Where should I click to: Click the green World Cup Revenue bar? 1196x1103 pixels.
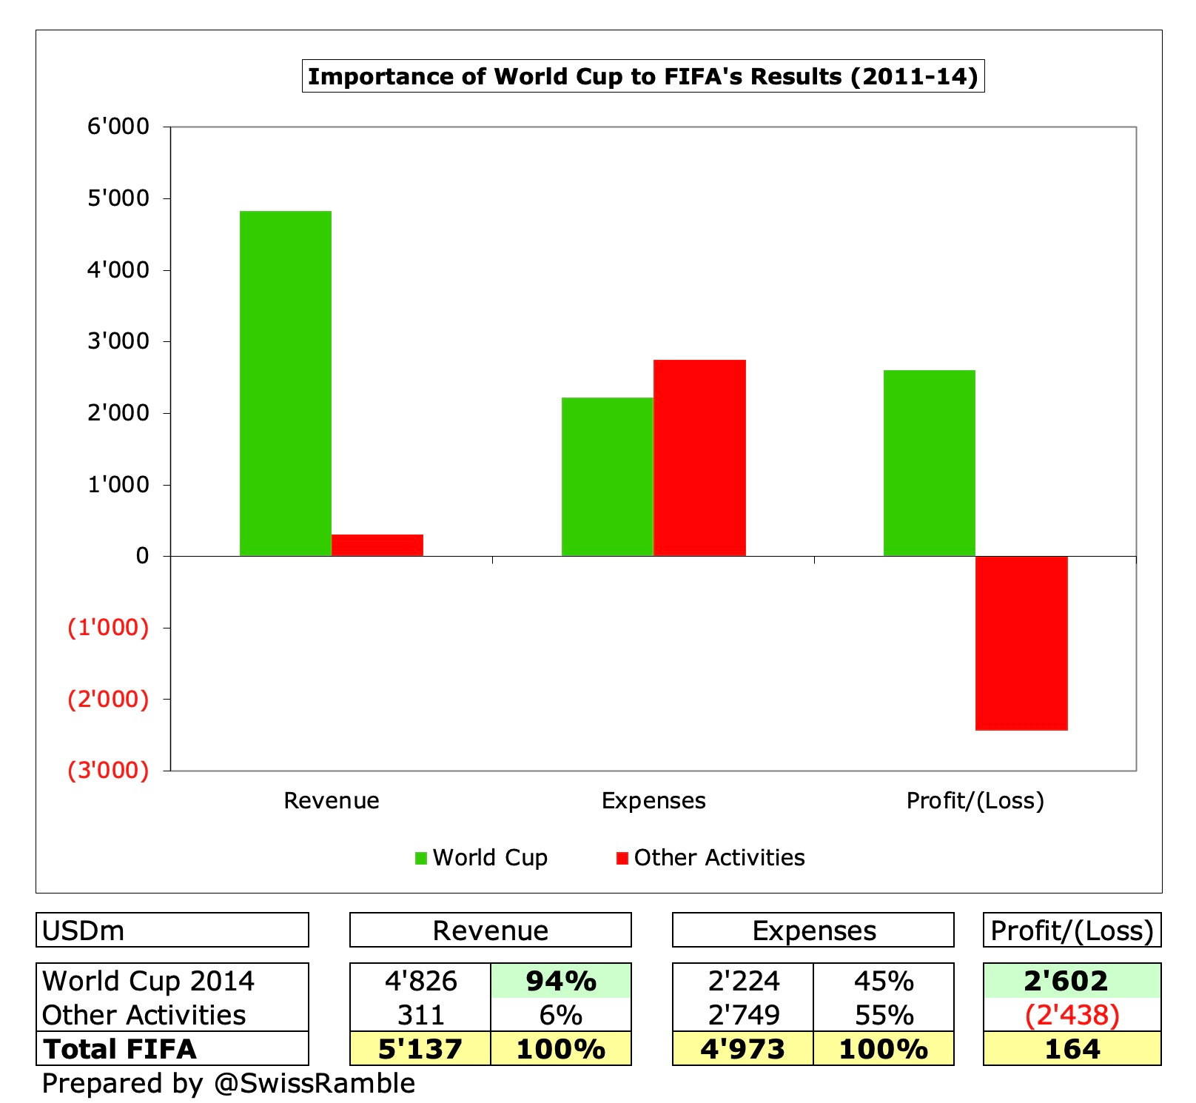tap(285, 383)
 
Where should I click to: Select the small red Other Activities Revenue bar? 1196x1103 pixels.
tap(377, 545)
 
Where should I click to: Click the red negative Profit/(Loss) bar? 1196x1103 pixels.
tap(1021, 643)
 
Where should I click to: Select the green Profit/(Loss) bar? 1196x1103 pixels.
tap(929, 463)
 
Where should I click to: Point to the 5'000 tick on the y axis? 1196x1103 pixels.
tap(118, 198)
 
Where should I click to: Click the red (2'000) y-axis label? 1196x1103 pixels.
tap(108, 699)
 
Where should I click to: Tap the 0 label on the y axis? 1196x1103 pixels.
tap(142, 556)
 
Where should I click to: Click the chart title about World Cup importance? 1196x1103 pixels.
tap(642, 76)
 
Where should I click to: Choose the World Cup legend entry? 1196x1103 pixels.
tap(481, 857)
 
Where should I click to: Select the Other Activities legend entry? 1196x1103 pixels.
tap(710, 857)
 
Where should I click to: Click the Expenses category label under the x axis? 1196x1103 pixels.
tap(653, 800)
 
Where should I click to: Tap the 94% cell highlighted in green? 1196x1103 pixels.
tap(560, 981)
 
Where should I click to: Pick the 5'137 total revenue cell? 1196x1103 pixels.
tap(420, 1049)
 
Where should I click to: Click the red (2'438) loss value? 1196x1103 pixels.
tap(1072, 1015)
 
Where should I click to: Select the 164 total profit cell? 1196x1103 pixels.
tap(1072, 1049)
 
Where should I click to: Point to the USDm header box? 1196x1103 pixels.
tap(172, 930)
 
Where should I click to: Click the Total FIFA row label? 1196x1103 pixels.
tap(120, 1049)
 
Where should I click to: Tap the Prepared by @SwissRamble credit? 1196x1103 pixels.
tap(228, 1083)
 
